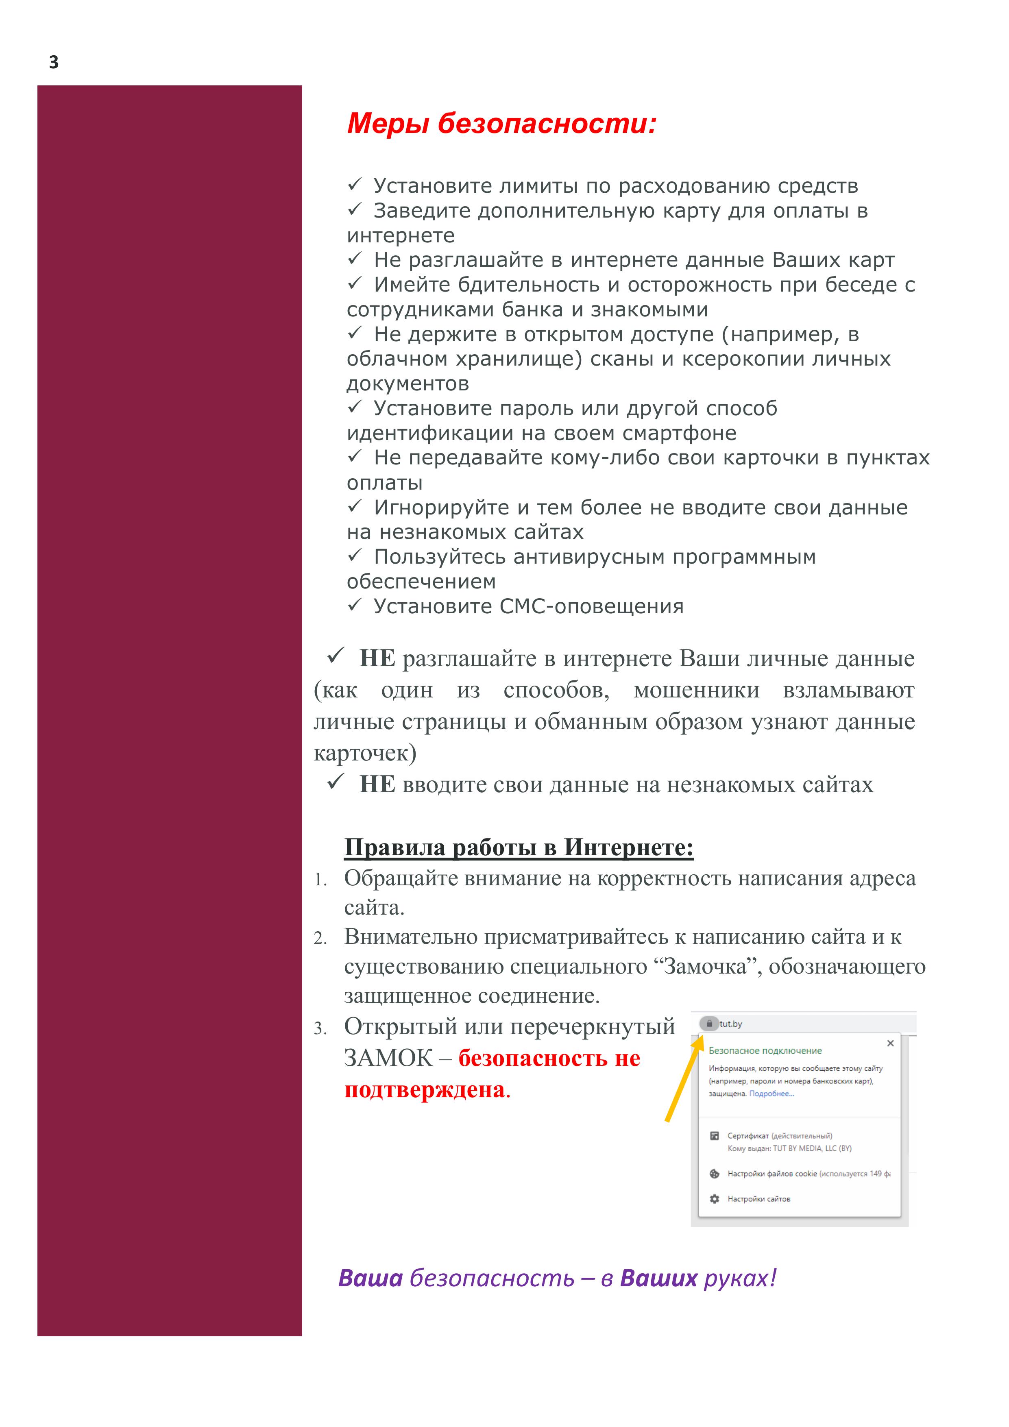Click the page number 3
(x=54, y=62)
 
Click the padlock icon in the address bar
(x=709, y=1024)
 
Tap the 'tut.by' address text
(x=731, y=1024)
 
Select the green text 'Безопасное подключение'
(x=765, y=1050)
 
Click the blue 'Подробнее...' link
(x=771, y=1094)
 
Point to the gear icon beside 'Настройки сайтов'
(x=714, y=1199)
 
